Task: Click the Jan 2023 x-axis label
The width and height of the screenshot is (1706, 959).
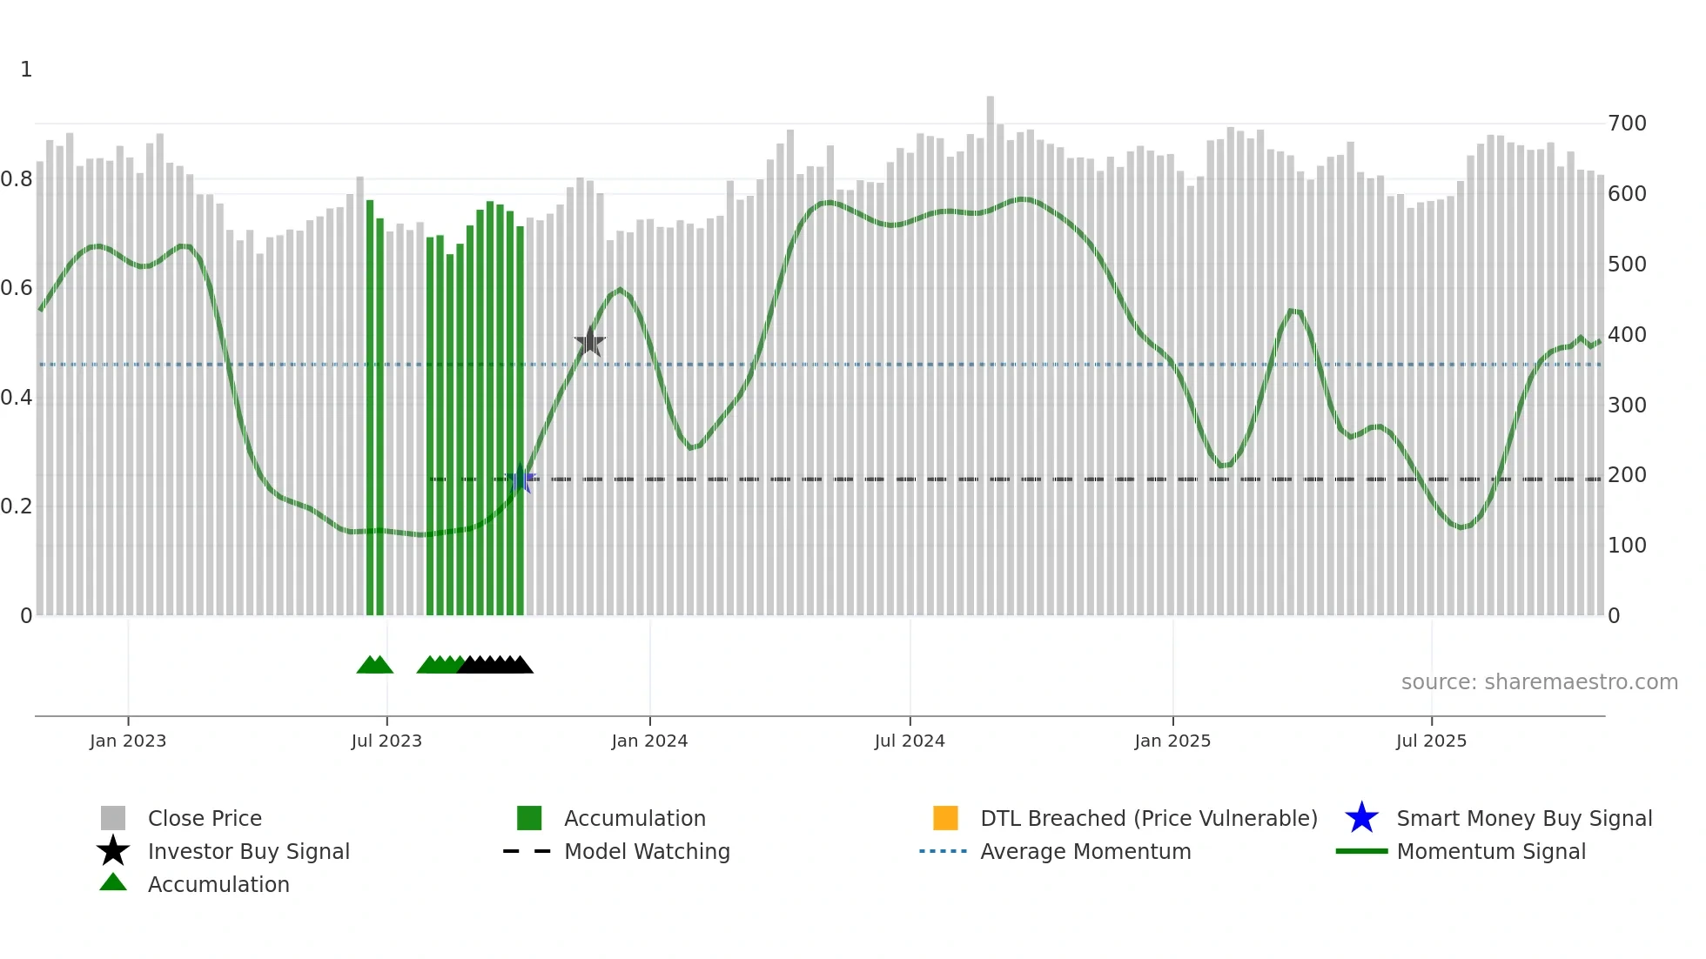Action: click(128, 741)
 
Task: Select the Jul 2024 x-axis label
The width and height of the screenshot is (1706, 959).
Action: click(910, 741)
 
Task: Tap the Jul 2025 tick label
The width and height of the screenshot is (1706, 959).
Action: click(1431, 741)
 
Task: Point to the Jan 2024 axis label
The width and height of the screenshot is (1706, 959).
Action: click(649, 741)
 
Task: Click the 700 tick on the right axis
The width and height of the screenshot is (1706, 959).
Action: click(1627, 124)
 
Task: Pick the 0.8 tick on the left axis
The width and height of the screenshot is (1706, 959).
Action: click(17, 179)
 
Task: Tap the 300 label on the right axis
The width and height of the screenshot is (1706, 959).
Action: click(1627, 406)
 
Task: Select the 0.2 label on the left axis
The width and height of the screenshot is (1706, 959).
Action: click(17, 506)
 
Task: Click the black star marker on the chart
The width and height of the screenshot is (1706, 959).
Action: click(590, 342)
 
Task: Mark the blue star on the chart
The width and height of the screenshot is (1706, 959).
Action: click(521, 479)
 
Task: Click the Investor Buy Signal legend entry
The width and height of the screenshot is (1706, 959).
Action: click(248, 851)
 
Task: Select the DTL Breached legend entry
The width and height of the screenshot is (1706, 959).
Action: click(1148, 818)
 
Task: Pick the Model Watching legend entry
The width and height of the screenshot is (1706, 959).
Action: click(647, 851)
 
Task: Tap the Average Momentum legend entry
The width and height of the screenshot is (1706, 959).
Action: click(1085, 851)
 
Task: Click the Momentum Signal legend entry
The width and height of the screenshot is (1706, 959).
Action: click(1491, 851)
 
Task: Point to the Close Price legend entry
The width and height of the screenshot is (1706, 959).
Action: click(205, 818)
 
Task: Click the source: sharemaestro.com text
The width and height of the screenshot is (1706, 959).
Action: click(1539, 682)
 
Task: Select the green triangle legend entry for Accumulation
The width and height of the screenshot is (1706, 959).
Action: click(218, 884)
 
